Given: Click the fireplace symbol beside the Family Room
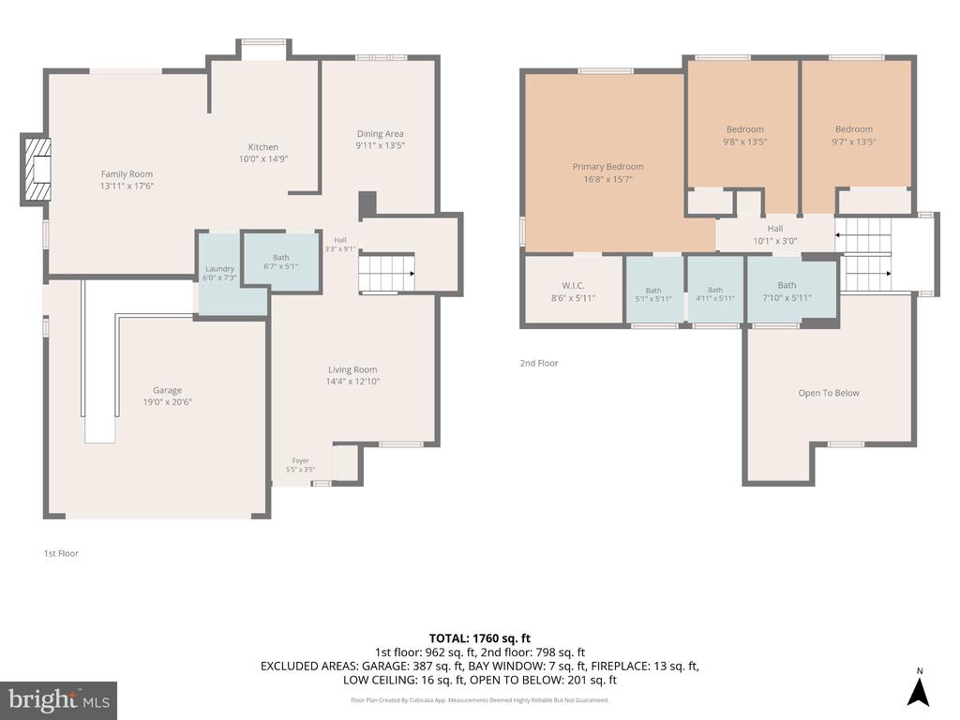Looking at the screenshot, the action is click(37, 169).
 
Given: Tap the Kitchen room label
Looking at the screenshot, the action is click(263, 147).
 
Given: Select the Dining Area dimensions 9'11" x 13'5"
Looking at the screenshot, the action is click(381, 145).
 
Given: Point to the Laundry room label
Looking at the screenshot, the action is click(219, 269).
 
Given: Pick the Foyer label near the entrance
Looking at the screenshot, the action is click(301, 460).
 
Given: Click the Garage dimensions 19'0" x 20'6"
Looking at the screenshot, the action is click(167, 402).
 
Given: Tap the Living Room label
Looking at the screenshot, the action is click(352, 369).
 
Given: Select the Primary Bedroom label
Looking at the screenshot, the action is click(607, 167).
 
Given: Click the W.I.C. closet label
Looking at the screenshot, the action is click(573, 286).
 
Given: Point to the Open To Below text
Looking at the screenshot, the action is click(829, 393).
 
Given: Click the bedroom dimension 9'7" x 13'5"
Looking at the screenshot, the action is click(854, 142).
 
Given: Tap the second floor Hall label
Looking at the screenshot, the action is click(775, 229).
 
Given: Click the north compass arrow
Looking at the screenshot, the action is click(919, 692).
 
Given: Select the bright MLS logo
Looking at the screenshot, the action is click(59, 700).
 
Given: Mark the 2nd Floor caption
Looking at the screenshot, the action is click(539, 363).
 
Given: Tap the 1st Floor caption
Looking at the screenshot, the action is click(61, 553).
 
